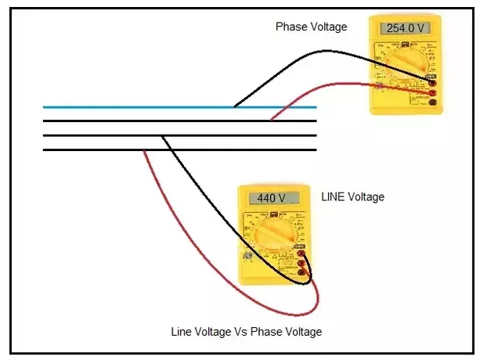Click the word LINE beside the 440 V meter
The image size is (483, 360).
click(333, 197)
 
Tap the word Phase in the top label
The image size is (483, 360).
click(291, 27)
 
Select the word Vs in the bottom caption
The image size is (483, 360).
click(250, 332)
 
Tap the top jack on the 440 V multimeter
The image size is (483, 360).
click(301, 252)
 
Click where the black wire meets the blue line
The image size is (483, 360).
click(235, 107)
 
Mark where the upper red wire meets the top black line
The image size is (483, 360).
click(271, 121)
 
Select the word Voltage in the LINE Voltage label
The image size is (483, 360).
click(365, 197)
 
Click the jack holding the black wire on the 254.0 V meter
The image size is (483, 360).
click(433, 81)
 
